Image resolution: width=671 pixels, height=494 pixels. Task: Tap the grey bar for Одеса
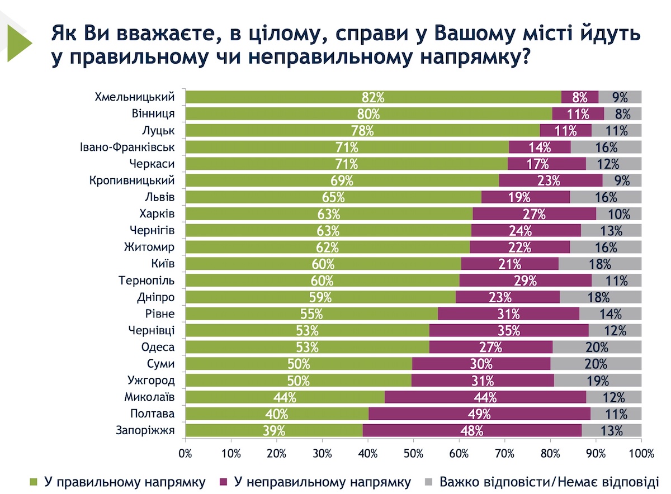597,348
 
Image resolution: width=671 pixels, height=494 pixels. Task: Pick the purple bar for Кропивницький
551,180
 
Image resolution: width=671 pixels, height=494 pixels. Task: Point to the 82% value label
373,97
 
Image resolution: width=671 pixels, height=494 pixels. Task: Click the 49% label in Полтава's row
479,414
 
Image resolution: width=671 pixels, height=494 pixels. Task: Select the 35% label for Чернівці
509,331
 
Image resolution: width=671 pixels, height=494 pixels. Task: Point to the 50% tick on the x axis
414,453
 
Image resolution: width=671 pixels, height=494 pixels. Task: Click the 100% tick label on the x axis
641,453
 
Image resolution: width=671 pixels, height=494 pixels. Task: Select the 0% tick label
185,453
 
